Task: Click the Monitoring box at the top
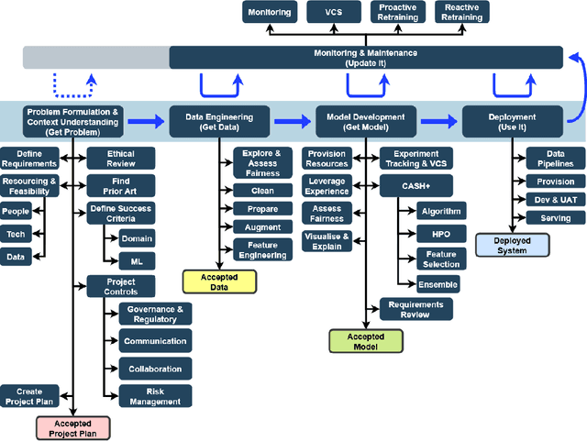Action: click(271, 12)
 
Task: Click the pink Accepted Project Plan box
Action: click(72, 427)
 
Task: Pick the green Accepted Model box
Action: click(365, 341)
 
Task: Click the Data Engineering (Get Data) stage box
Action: click(218, 119)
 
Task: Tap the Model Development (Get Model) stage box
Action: click(365, 119)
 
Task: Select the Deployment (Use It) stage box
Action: click(511, 119)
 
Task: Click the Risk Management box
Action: click(155, 396)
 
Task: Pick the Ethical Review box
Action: click(119, 159)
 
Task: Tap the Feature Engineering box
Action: click(256, 250)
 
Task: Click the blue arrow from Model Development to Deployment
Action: click(438, 119)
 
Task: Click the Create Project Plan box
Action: click(29, 396)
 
